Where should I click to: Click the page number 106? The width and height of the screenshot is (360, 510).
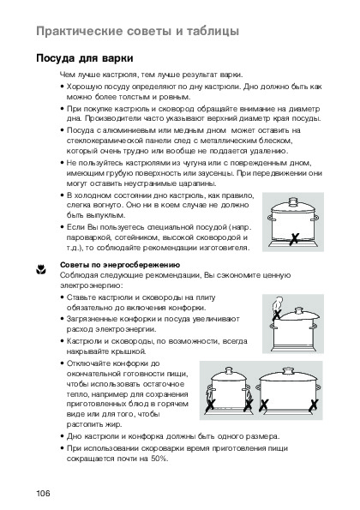[x=43, y=493]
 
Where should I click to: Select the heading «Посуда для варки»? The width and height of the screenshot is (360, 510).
[x=85, y=58]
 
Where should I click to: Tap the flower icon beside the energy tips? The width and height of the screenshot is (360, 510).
[x=41, y=269]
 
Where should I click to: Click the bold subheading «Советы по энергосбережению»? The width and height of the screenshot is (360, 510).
[x=120, y=265]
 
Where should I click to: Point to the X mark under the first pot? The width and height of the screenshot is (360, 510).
[x=294, y=239]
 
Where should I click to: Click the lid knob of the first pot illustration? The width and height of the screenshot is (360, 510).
[x=293, y=201]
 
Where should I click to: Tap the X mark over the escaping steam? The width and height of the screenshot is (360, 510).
[x=277, y=315]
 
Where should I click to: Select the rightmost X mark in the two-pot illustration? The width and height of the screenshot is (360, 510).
[x=314, y=405]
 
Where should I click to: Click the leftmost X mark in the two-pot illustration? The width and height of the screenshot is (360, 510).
[x=210, y=405]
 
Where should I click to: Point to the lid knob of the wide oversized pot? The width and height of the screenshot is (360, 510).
[x=288, y=371]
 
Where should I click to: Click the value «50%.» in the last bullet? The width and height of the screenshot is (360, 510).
[x=159, y=459]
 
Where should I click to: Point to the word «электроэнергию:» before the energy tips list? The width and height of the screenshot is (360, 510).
[x=92, y=285]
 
